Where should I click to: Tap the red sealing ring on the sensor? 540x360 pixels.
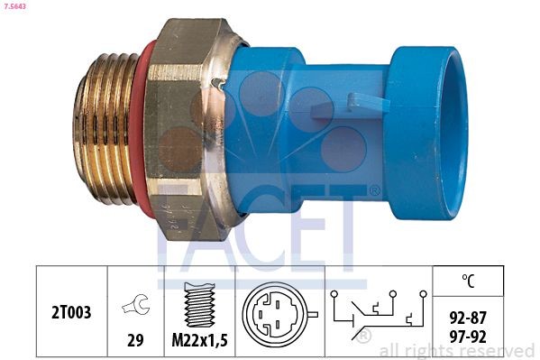coord(137,126)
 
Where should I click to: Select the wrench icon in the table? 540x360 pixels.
coord(135,306)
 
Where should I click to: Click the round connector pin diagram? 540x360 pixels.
coord(277,314)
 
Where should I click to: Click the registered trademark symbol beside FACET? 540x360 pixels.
coord(374,191)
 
